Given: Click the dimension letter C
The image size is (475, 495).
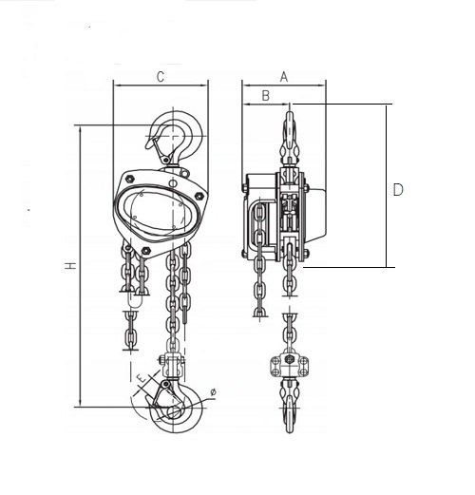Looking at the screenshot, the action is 161,77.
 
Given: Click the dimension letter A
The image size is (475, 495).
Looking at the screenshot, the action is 284,77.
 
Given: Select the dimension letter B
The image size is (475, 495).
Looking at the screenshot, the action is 266,96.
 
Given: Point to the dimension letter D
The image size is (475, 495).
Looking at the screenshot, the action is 398,189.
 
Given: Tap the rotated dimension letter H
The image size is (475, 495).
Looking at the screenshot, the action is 71,265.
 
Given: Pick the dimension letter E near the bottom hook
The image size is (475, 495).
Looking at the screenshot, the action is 142,378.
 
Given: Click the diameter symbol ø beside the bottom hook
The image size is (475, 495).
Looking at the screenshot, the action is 213,392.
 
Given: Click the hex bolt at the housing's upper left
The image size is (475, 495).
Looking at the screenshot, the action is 130,179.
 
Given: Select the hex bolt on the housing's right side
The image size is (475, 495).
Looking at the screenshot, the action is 199,196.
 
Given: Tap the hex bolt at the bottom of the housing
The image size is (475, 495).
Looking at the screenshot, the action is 145,251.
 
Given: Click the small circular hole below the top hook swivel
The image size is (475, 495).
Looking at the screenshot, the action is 172,183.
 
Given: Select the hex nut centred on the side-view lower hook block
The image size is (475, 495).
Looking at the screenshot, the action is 289,359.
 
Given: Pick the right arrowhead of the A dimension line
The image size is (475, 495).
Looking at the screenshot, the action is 322,86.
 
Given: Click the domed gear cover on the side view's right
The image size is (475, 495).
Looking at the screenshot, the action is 315,216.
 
